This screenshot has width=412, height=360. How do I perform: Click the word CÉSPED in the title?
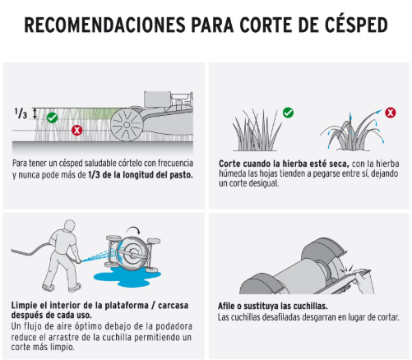[356, 25]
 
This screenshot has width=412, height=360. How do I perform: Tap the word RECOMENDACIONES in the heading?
[105, 25]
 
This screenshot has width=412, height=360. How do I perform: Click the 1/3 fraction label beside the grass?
[21, 113]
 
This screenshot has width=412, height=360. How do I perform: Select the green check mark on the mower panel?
[52, 118]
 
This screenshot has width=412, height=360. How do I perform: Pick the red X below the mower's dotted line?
[77, 130]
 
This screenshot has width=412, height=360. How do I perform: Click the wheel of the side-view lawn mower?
[127, 125]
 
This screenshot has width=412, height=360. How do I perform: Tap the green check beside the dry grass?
[288, 113]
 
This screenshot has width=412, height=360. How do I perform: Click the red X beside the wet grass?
[391, 113]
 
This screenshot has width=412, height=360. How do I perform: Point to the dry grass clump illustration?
[257, 131]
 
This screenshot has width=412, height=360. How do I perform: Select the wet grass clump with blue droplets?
[352, 131]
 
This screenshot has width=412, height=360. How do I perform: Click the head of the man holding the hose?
[69, 226]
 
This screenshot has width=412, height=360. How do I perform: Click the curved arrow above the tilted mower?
[133, 228]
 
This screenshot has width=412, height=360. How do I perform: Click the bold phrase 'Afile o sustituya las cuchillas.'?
[273, 306]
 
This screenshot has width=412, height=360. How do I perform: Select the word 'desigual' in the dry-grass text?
[262, 183]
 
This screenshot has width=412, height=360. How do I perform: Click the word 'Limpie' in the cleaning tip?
[24, 305]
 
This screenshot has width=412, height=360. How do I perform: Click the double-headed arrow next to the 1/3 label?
[35, 113]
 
